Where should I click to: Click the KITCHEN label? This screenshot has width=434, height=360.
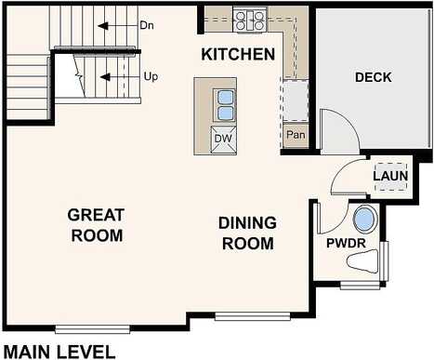238,54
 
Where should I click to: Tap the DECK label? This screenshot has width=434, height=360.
374,77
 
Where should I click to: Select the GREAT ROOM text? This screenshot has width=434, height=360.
97,225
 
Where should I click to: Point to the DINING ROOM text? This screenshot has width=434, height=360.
248,233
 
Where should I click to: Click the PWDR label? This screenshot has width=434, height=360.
346,243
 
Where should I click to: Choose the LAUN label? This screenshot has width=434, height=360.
390,176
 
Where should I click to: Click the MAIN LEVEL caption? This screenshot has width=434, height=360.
59,353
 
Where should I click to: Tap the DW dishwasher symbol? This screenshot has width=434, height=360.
223,140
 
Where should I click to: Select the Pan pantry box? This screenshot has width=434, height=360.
296,135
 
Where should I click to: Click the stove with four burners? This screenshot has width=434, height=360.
250,20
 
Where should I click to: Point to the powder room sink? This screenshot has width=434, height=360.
365,220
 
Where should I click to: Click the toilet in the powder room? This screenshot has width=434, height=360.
362,261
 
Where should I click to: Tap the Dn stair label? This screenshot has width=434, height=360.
147,25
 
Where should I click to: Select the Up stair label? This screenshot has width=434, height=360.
151,76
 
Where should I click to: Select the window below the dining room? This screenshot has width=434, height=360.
253,316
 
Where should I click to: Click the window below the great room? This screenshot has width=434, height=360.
92,329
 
